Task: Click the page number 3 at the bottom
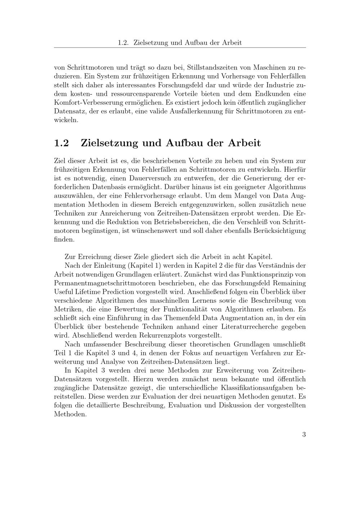pyautogui.click(x=304, y=434)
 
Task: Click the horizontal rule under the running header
pyautogui.click(x=180, y=48)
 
